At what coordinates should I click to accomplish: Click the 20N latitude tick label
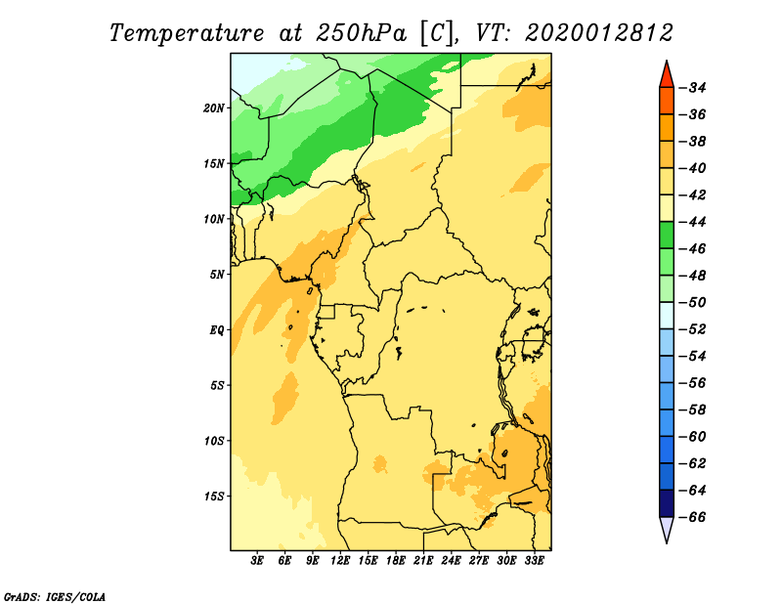pos(214,108)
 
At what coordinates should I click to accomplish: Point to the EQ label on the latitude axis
pos(217,330)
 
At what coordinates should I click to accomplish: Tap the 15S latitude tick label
pos(214,496)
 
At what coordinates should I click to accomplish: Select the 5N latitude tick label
pos(217,275)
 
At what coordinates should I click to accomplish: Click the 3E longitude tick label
pos(257,561)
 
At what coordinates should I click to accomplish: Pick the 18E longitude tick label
pos(396,561)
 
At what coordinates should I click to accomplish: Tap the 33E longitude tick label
pos(534,561)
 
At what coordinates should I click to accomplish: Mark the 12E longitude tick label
pos(340,561)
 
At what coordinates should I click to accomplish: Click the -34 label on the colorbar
pos(693,88)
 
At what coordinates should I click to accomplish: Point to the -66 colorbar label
pos(693,517)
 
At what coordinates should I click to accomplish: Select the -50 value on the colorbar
pos(693,303)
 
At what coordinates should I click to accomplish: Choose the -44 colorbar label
pos(693,222)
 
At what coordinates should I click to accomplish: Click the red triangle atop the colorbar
pos(667,76)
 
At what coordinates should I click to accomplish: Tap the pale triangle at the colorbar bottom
pos(667,528)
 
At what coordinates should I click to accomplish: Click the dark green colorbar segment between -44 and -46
pos(667,236)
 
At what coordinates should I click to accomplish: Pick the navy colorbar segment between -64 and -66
pos(667,503)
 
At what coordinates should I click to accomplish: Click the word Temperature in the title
pos(187,33)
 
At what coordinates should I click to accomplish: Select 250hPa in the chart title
pos(361,33)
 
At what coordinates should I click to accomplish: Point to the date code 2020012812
pos(598,33)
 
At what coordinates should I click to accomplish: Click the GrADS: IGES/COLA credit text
pos(55,597)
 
